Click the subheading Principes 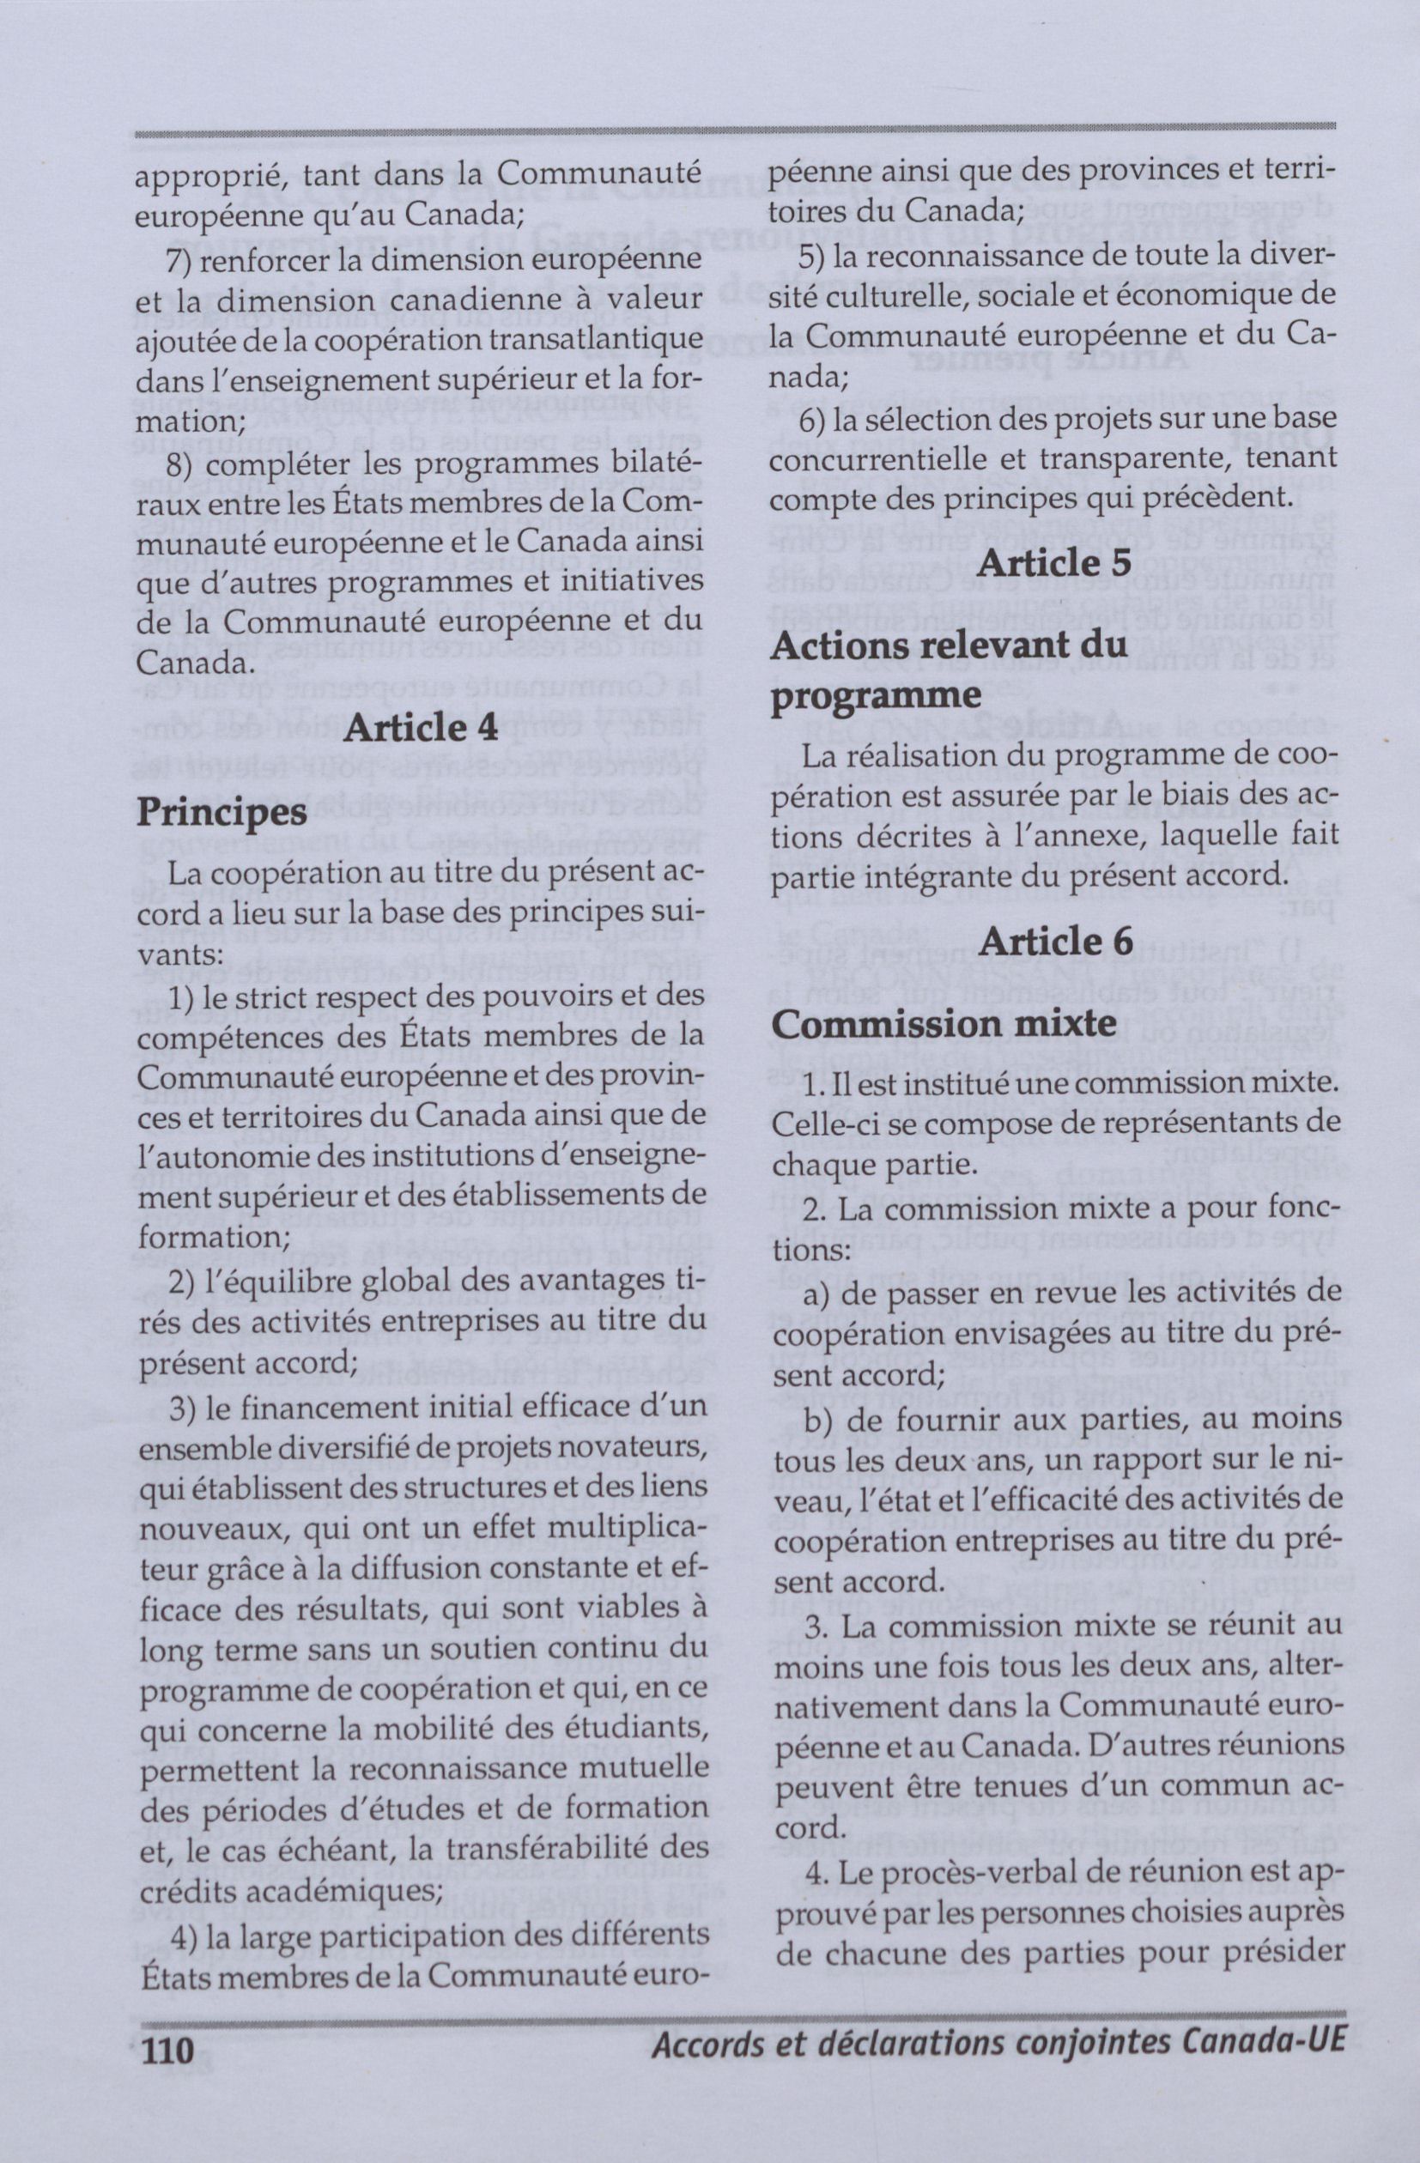click(x=221, y=812)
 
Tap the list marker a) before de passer click(x=817, y=1295)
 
